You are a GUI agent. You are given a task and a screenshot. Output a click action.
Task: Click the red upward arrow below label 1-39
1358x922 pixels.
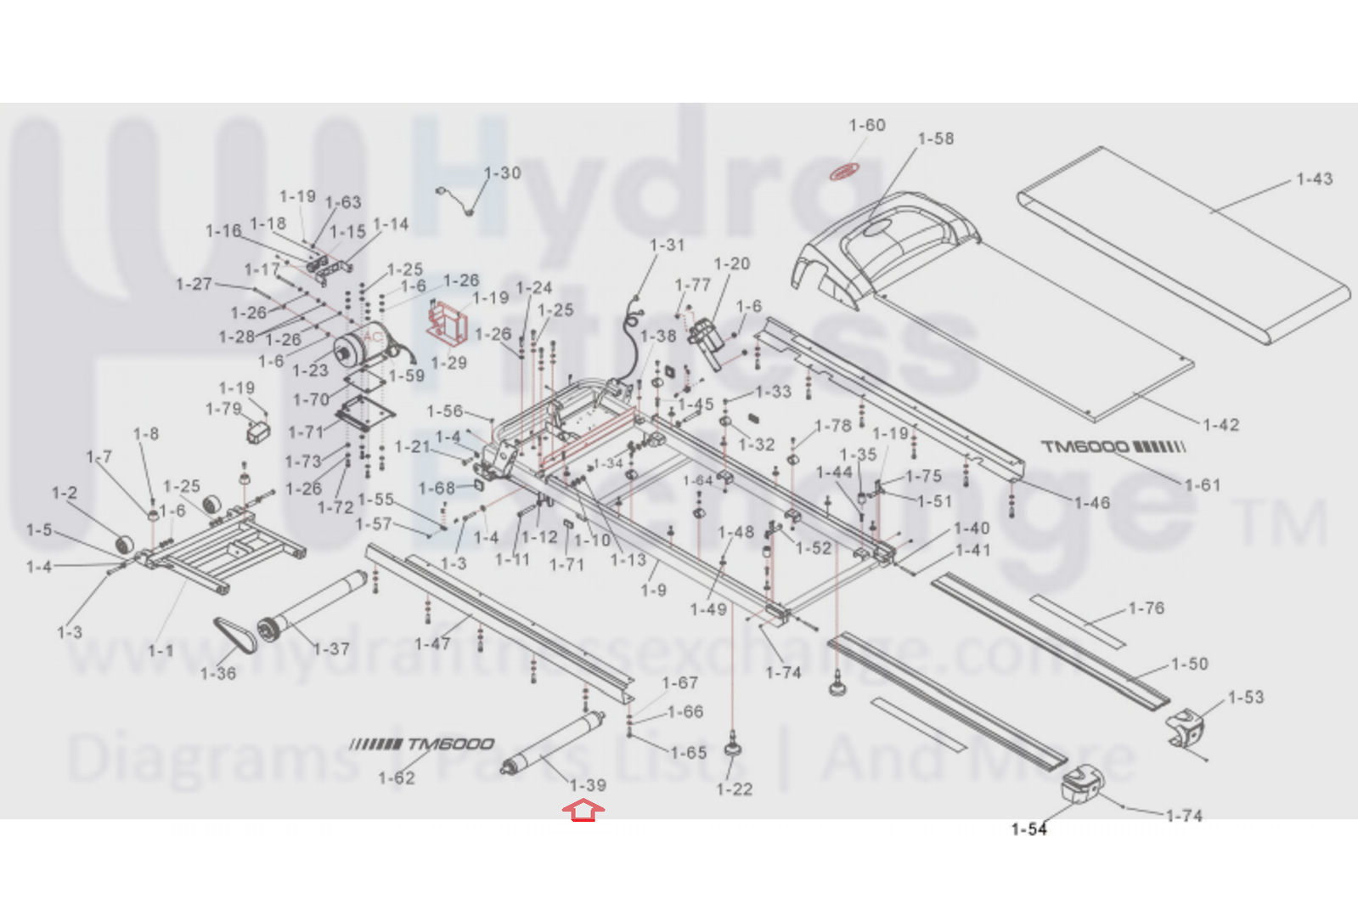click(583, 812)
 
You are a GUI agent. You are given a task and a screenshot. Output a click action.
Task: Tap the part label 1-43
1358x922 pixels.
click(1314, 179)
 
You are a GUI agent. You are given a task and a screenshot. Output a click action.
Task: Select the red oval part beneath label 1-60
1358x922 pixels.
click(843, 173)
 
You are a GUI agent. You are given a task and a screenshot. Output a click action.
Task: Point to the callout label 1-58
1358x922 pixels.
click(935, 139)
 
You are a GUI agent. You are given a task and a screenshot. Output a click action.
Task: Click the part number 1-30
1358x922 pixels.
click(502, 173)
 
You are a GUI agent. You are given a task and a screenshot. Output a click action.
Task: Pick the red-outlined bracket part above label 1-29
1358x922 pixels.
click(448, 324)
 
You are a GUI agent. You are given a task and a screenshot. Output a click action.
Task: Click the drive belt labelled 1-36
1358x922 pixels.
click(234, 634)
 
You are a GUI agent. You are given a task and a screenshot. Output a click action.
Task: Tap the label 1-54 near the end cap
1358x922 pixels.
click(1028, 829)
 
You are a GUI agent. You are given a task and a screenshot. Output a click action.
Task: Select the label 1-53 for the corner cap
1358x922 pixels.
click(1245, 698)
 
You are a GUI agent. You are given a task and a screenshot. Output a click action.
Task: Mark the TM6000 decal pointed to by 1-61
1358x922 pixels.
click(1113, 447)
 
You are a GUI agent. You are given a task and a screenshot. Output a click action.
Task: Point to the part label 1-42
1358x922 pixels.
click(1220, 425)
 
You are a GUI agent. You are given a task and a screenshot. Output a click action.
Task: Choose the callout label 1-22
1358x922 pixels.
click(734, 789)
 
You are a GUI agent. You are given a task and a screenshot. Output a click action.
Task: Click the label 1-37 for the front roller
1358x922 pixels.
click(331, 649)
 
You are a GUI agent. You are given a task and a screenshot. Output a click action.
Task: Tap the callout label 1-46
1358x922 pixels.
click(1091, 503)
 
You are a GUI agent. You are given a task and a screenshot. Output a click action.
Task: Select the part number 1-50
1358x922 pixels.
click(1189, 664)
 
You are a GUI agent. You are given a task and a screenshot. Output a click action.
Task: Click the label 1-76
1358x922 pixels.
click(1146, 608)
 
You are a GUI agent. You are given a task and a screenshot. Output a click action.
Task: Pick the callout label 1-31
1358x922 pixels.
click(667, 246)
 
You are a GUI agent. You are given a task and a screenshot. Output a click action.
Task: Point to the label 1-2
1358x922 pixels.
click(65, 494)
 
